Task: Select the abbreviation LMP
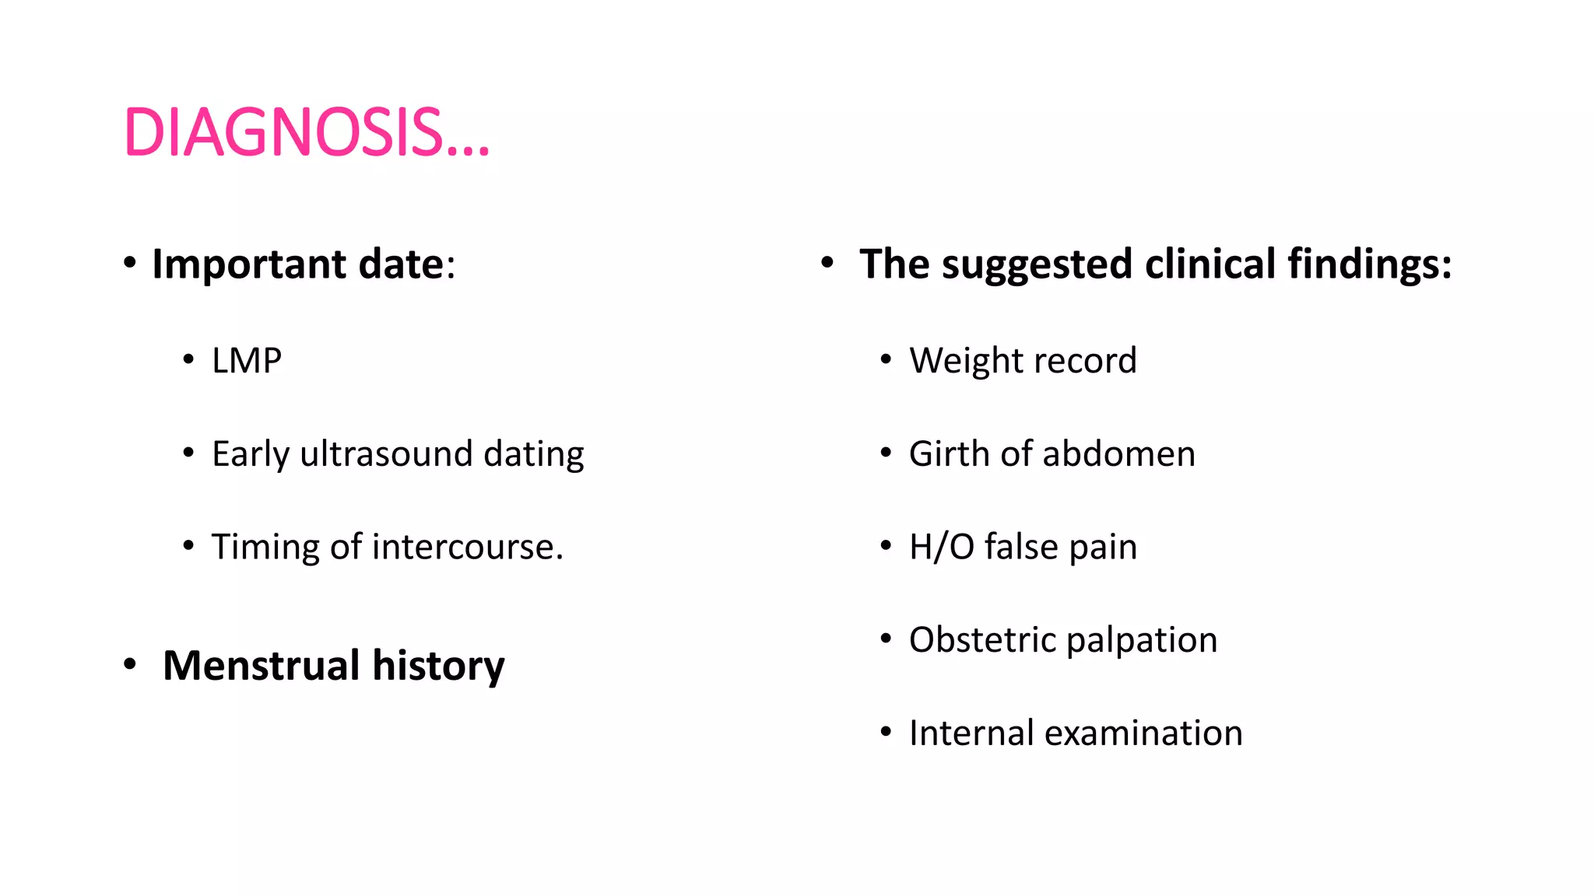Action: [247, 361]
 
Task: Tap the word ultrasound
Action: [386, 454]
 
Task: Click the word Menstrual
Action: [262, 666]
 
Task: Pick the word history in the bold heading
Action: [438, 666]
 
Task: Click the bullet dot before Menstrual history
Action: [130, 665]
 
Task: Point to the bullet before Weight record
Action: [886, 359]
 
